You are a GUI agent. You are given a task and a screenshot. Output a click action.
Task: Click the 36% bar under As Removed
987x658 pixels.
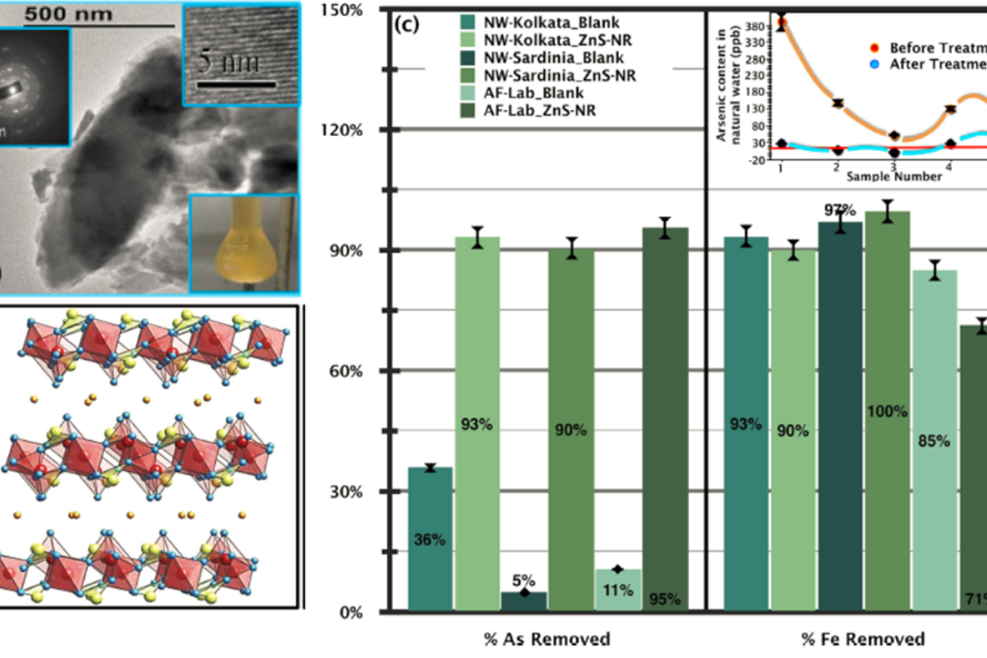click(430, 539)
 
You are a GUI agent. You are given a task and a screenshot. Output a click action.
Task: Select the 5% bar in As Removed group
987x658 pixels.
click(524, 601)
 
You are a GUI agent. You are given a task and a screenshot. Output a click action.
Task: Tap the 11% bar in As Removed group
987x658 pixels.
click(618, 590)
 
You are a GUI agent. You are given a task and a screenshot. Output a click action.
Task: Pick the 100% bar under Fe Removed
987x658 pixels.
click(887, 411)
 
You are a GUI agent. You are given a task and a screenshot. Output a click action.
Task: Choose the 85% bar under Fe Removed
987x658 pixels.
click(934, 440)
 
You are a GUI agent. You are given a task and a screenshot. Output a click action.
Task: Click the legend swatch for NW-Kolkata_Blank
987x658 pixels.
click(468, 22)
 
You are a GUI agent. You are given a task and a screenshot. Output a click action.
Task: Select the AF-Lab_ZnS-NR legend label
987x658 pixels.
click(540, 111)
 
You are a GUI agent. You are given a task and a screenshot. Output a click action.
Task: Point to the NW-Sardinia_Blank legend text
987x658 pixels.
click(553, 58)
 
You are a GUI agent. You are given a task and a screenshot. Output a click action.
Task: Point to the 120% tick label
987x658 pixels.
click(342, 130)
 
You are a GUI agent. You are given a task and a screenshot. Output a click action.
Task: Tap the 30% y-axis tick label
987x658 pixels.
click(346, 492)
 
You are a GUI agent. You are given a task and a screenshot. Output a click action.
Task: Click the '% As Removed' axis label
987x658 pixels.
click(547, 639)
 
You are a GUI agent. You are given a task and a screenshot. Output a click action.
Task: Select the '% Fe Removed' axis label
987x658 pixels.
click(863, 639)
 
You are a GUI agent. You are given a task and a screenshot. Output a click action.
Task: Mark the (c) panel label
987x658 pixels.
click(406, 25)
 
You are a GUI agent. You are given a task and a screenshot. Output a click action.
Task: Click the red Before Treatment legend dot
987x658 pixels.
click(874, 48)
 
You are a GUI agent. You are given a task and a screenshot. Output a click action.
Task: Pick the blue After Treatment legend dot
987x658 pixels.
click(874, 64)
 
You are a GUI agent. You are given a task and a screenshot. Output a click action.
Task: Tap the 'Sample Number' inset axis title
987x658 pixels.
click(894, 176)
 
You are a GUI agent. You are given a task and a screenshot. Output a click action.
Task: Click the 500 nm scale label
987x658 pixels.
click(68, 14)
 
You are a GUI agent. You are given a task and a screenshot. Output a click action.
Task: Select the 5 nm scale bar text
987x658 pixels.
click(229, 62)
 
